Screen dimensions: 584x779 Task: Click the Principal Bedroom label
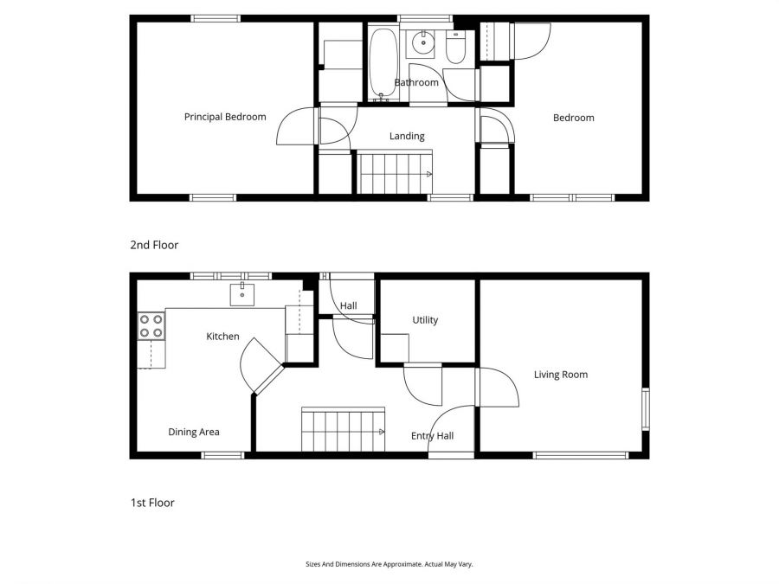(x=225, y=117)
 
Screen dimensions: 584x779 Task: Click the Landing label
(x=407, y=136)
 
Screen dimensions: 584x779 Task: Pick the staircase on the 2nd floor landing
(x=396, y=173)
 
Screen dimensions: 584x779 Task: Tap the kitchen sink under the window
(x=242, y=295)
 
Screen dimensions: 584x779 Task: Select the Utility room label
(x=425, y=320)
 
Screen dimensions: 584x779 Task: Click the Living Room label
(x=561, y=375)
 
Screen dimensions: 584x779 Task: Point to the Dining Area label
(x=194, y=432)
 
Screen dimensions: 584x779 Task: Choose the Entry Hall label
(x=432, y=436)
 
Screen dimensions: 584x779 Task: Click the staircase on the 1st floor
(x=343, y=430)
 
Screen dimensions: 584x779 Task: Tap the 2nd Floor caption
(x=154, y=245)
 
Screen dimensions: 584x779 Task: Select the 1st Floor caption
(x=152, y=502)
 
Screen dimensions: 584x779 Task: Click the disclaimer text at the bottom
(x=389, y=564)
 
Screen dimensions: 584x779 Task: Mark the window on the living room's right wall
(x=645, y=408)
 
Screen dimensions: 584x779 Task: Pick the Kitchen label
(x=222, y=336)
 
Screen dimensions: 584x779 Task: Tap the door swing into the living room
(x=498, y=387)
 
